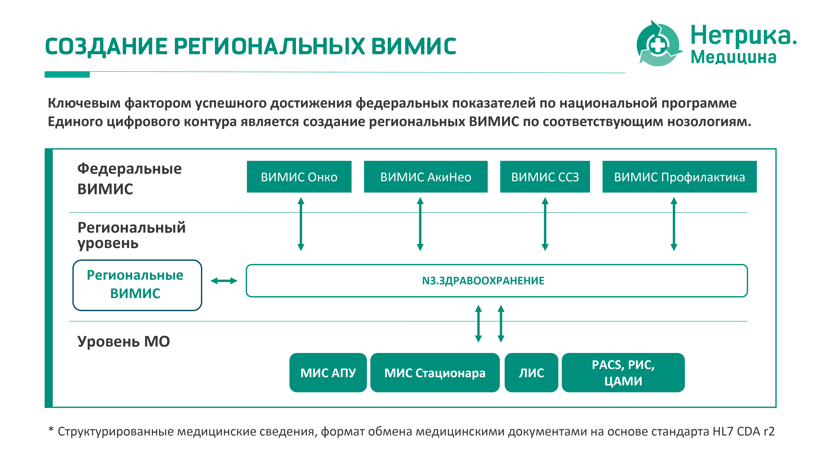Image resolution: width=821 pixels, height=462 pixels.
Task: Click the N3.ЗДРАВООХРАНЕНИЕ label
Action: pyautogui.click(x=483, y=280)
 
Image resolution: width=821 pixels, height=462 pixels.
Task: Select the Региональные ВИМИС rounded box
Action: pyautogui.click(x=137, y=285)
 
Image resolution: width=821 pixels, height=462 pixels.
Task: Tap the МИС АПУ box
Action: pyautogui.click(x=328, y=372)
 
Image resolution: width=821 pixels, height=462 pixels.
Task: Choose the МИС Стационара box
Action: pyautogui.click(x=435, y=372)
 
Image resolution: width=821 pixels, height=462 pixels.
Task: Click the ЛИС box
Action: pyautogui.click(x=531, y=372)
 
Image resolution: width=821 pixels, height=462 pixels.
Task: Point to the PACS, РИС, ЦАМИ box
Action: pyautogui.click(x=623, y=372)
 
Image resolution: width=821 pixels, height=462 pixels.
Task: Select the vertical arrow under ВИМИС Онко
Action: pyautogui.click(x=301, y=224)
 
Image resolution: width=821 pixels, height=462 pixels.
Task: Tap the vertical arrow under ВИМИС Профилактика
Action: pyautogui.click(x=674, y=224)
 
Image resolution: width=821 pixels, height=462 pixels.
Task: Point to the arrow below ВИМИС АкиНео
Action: pyautogui.click(x=420, y=224)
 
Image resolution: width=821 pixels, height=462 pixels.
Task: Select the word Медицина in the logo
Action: pyautogui.click(x=733, y=57)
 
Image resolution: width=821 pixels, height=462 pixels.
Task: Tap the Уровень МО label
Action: pyautogui.click(x=123, y=341)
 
